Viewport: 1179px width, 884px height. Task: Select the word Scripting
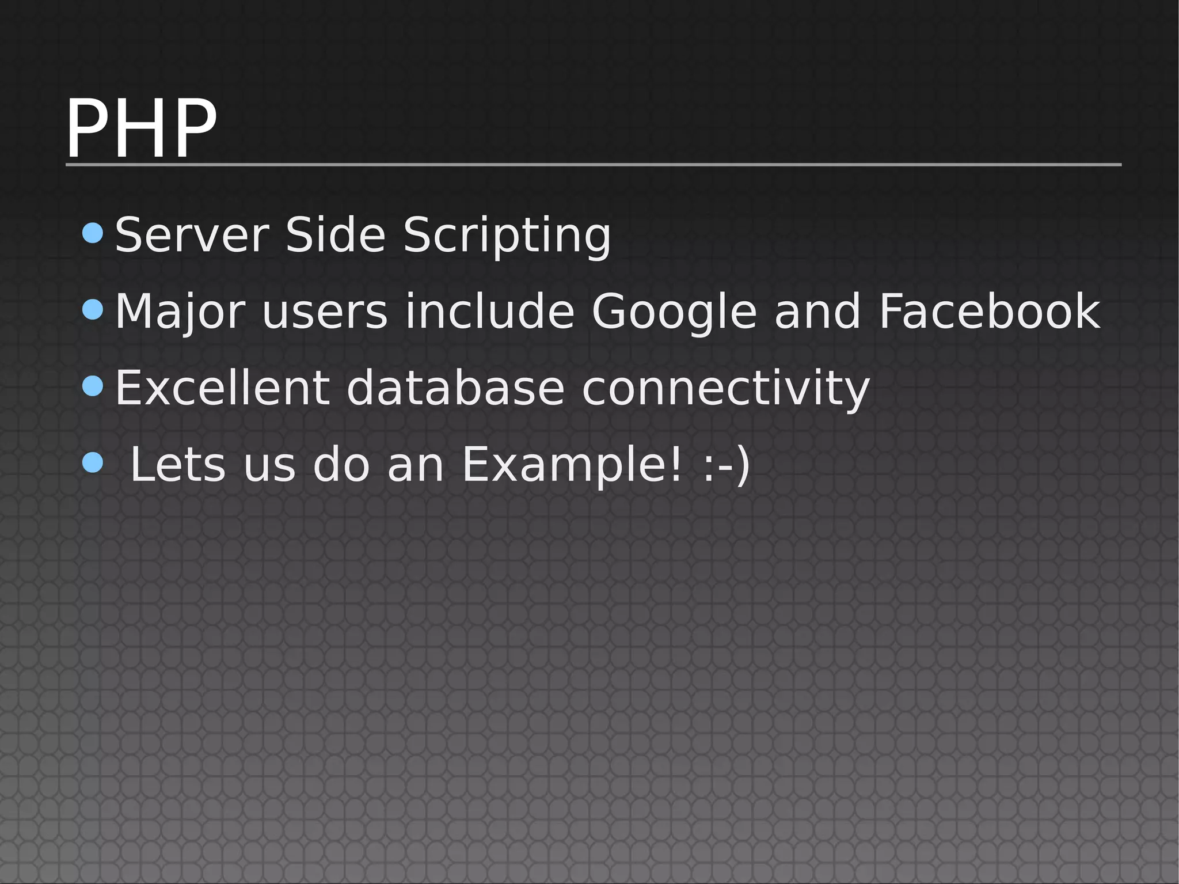coord(507,236)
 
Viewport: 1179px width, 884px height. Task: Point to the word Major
coord(180,312)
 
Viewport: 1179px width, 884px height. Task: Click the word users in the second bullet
coord(325,312)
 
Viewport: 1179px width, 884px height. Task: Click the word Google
coord(674,312)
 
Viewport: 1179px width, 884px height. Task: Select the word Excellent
coord(222,388)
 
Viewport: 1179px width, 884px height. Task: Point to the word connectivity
coord(725,388)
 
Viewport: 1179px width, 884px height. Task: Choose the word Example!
coord(572,465)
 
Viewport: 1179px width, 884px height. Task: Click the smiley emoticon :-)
coord(727,465)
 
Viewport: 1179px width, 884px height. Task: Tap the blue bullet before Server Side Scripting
coord(93,233)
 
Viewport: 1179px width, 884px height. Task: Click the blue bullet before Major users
coord(93,310)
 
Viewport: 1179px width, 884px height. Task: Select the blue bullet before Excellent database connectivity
coord(93,386)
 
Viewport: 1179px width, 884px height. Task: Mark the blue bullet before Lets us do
coord(93,462)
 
